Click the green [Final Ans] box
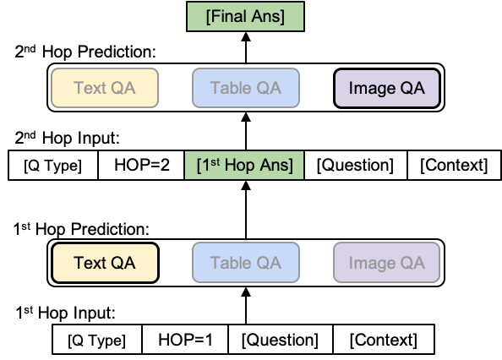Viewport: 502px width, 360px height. pos(244,17)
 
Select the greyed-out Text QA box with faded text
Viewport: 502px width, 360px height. pos(105,88)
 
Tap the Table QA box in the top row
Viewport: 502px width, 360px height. pos(245,88)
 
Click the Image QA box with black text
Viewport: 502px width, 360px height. pos(387,88)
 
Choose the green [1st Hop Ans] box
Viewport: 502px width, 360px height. pos(244,166)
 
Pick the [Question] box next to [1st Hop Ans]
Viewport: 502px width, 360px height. pos(355,166)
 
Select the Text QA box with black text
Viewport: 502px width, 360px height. pos(106,263)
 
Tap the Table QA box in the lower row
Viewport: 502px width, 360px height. pos(246,263)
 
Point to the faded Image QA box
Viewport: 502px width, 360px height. pos(386,263)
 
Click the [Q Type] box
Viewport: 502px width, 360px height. pos(97,341)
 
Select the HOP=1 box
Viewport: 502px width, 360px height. pos(186,341)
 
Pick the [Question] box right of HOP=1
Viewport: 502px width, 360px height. pos(280,341)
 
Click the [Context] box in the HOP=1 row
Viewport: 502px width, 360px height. pos(383,341)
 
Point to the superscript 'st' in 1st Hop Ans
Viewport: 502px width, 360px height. pos(215,161)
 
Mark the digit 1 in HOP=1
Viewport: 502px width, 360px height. pos(208,341)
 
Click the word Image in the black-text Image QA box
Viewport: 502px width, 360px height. pos(373,88)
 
